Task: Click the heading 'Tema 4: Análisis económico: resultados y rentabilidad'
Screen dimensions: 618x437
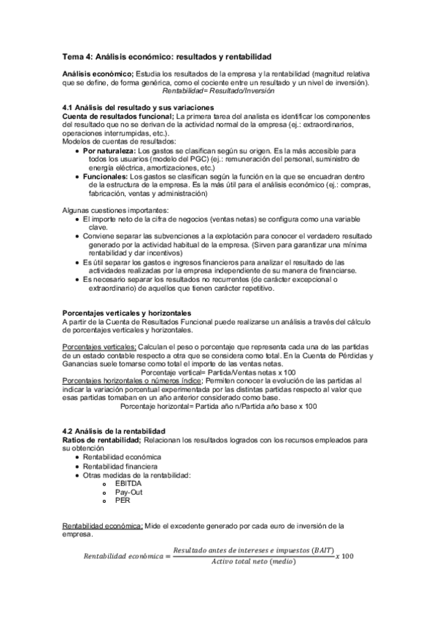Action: [x=167, y=55]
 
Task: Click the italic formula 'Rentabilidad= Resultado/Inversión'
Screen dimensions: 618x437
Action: [x=218, y=92]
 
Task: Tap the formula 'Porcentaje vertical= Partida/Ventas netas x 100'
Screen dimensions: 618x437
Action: [x=219, y=372]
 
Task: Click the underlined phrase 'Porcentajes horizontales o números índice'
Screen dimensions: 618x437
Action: [x=133, y=380]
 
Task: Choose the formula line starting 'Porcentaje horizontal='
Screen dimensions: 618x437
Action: [x=219, y=406]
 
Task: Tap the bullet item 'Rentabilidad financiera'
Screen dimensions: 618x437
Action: [x=123, y=466]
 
